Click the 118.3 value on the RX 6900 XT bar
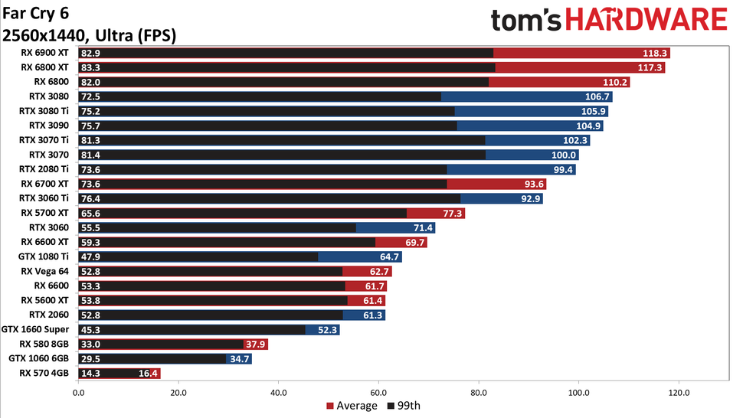pyautogui.click(x=656, y=54)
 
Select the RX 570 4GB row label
pyautogui.click(x=44, y=374)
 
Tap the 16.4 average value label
pyautogui.click(x=149, y=374)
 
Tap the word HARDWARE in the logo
pyautogui.click(x=650, y=21)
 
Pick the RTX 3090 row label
pyautogui.click(x=48, y=126)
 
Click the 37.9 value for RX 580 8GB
pyautogui.click(x=257, y=345)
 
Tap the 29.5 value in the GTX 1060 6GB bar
pyautogui.click(x=90, y=359)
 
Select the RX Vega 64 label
pyautogui.click(x=44, y=272)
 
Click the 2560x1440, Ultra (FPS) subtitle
pyautogui.click(x=90, y=35)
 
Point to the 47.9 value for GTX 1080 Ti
pyautogui.click(x=90, y=257)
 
